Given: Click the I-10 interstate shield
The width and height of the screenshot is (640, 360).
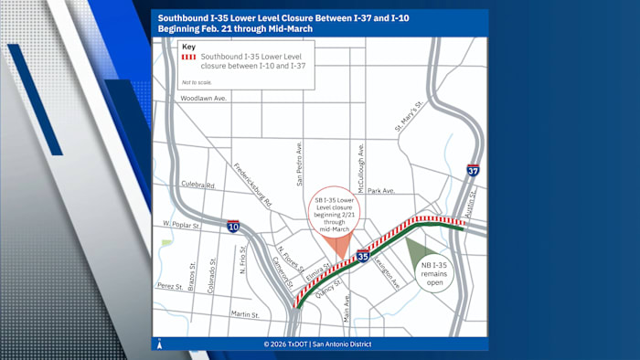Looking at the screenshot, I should [233, 226].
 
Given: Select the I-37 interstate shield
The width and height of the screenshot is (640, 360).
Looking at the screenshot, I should [473, 170].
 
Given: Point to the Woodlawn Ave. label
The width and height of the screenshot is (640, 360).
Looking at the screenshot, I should [203, 98].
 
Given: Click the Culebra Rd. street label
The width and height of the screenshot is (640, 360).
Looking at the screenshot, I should [197, 185].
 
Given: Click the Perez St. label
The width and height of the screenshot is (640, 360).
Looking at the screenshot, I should [169, 285].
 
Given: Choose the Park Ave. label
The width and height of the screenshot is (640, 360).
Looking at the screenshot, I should [381, 191].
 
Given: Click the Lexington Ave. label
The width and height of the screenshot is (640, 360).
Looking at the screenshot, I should [388, 271].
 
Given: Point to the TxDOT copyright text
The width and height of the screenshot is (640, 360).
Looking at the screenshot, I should [320, 344].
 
